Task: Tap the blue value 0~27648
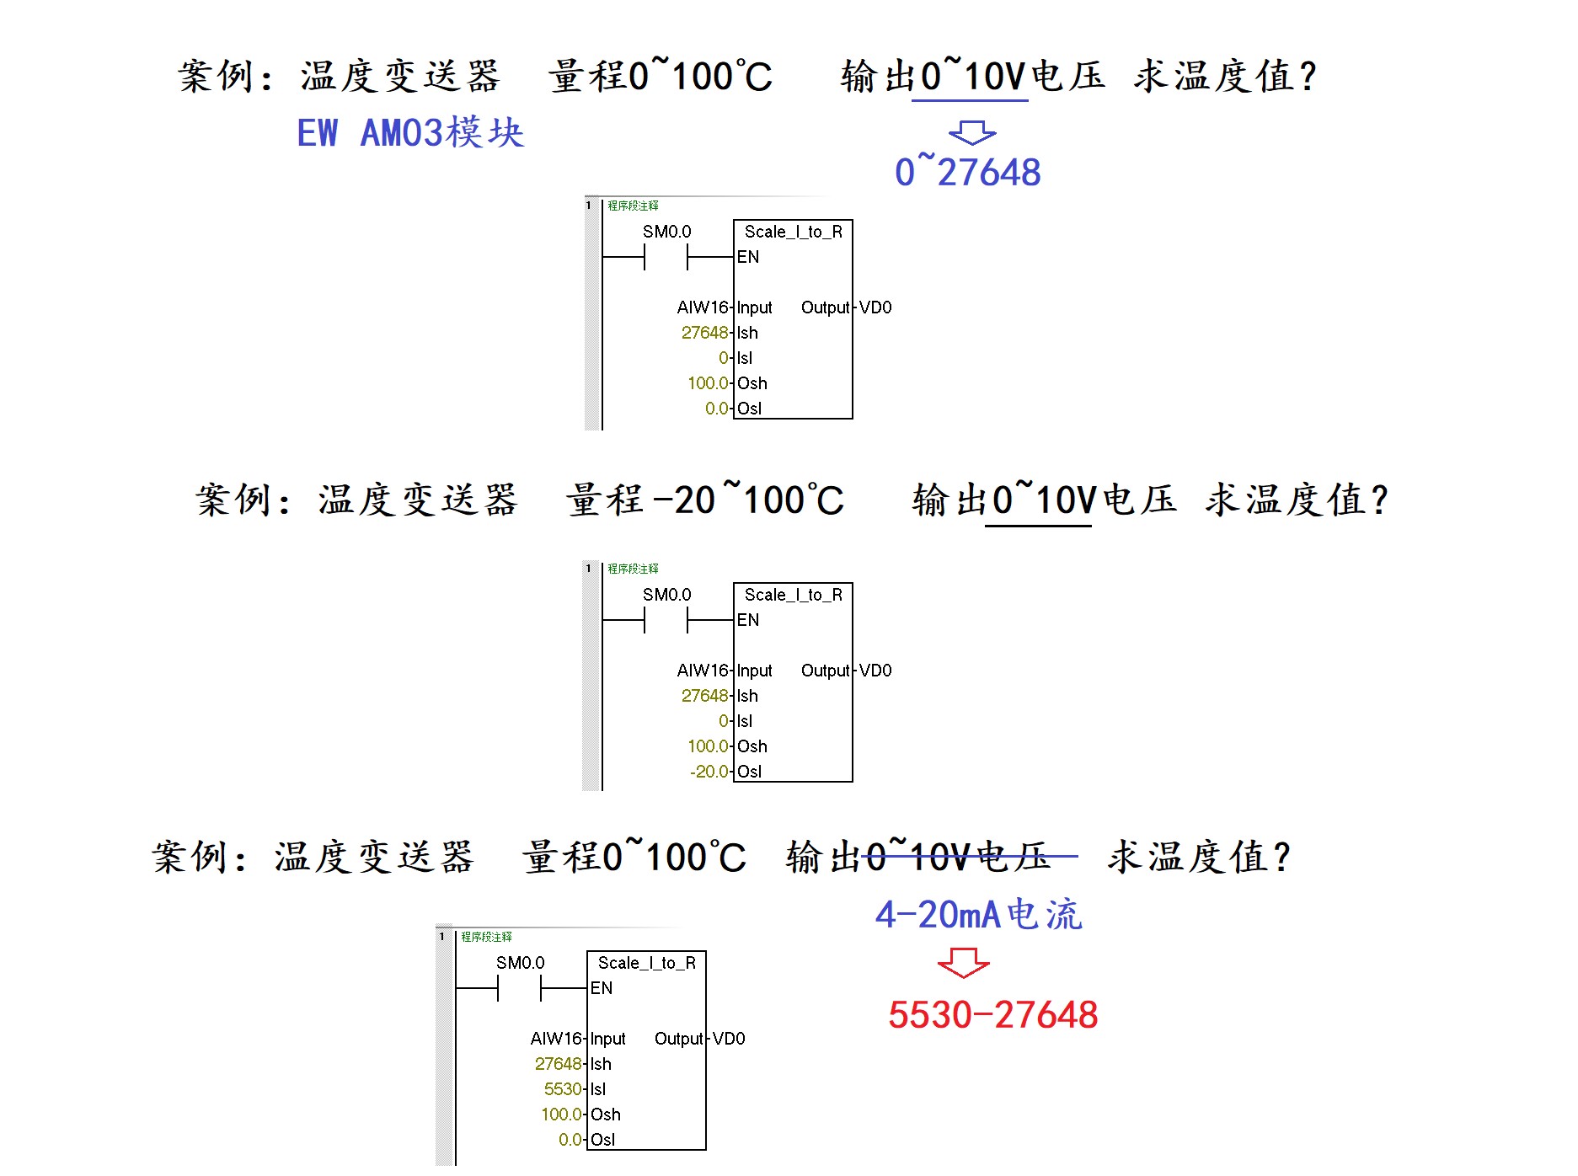(x=967, y=172)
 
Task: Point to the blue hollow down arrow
(x=972, y=132)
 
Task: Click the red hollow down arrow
(x=963, y=962)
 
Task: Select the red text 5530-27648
(x=992, y=1014)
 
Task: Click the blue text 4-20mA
(x=937, y=914)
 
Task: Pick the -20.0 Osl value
(x=709, y=772)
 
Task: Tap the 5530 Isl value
(x=563, y=1089)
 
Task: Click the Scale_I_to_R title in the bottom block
(x=646, y=963)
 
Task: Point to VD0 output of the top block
(x=875, y=307)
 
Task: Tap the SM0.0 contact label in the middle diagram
(x=666, y=595)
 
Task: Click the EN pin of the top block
(x=748, y=257)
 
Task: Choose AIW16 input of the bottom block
(x=556, y=1039)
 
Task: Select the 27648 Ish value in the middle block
(x=704, y=696)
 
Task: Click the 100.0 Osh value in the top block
(x=708, y=383)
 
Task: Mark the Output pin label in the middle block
(x=825, y=671)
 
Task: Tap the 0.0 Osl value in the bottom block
(x=570, y=1140)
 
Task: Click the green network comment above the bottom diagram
(x=486, y=937)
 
